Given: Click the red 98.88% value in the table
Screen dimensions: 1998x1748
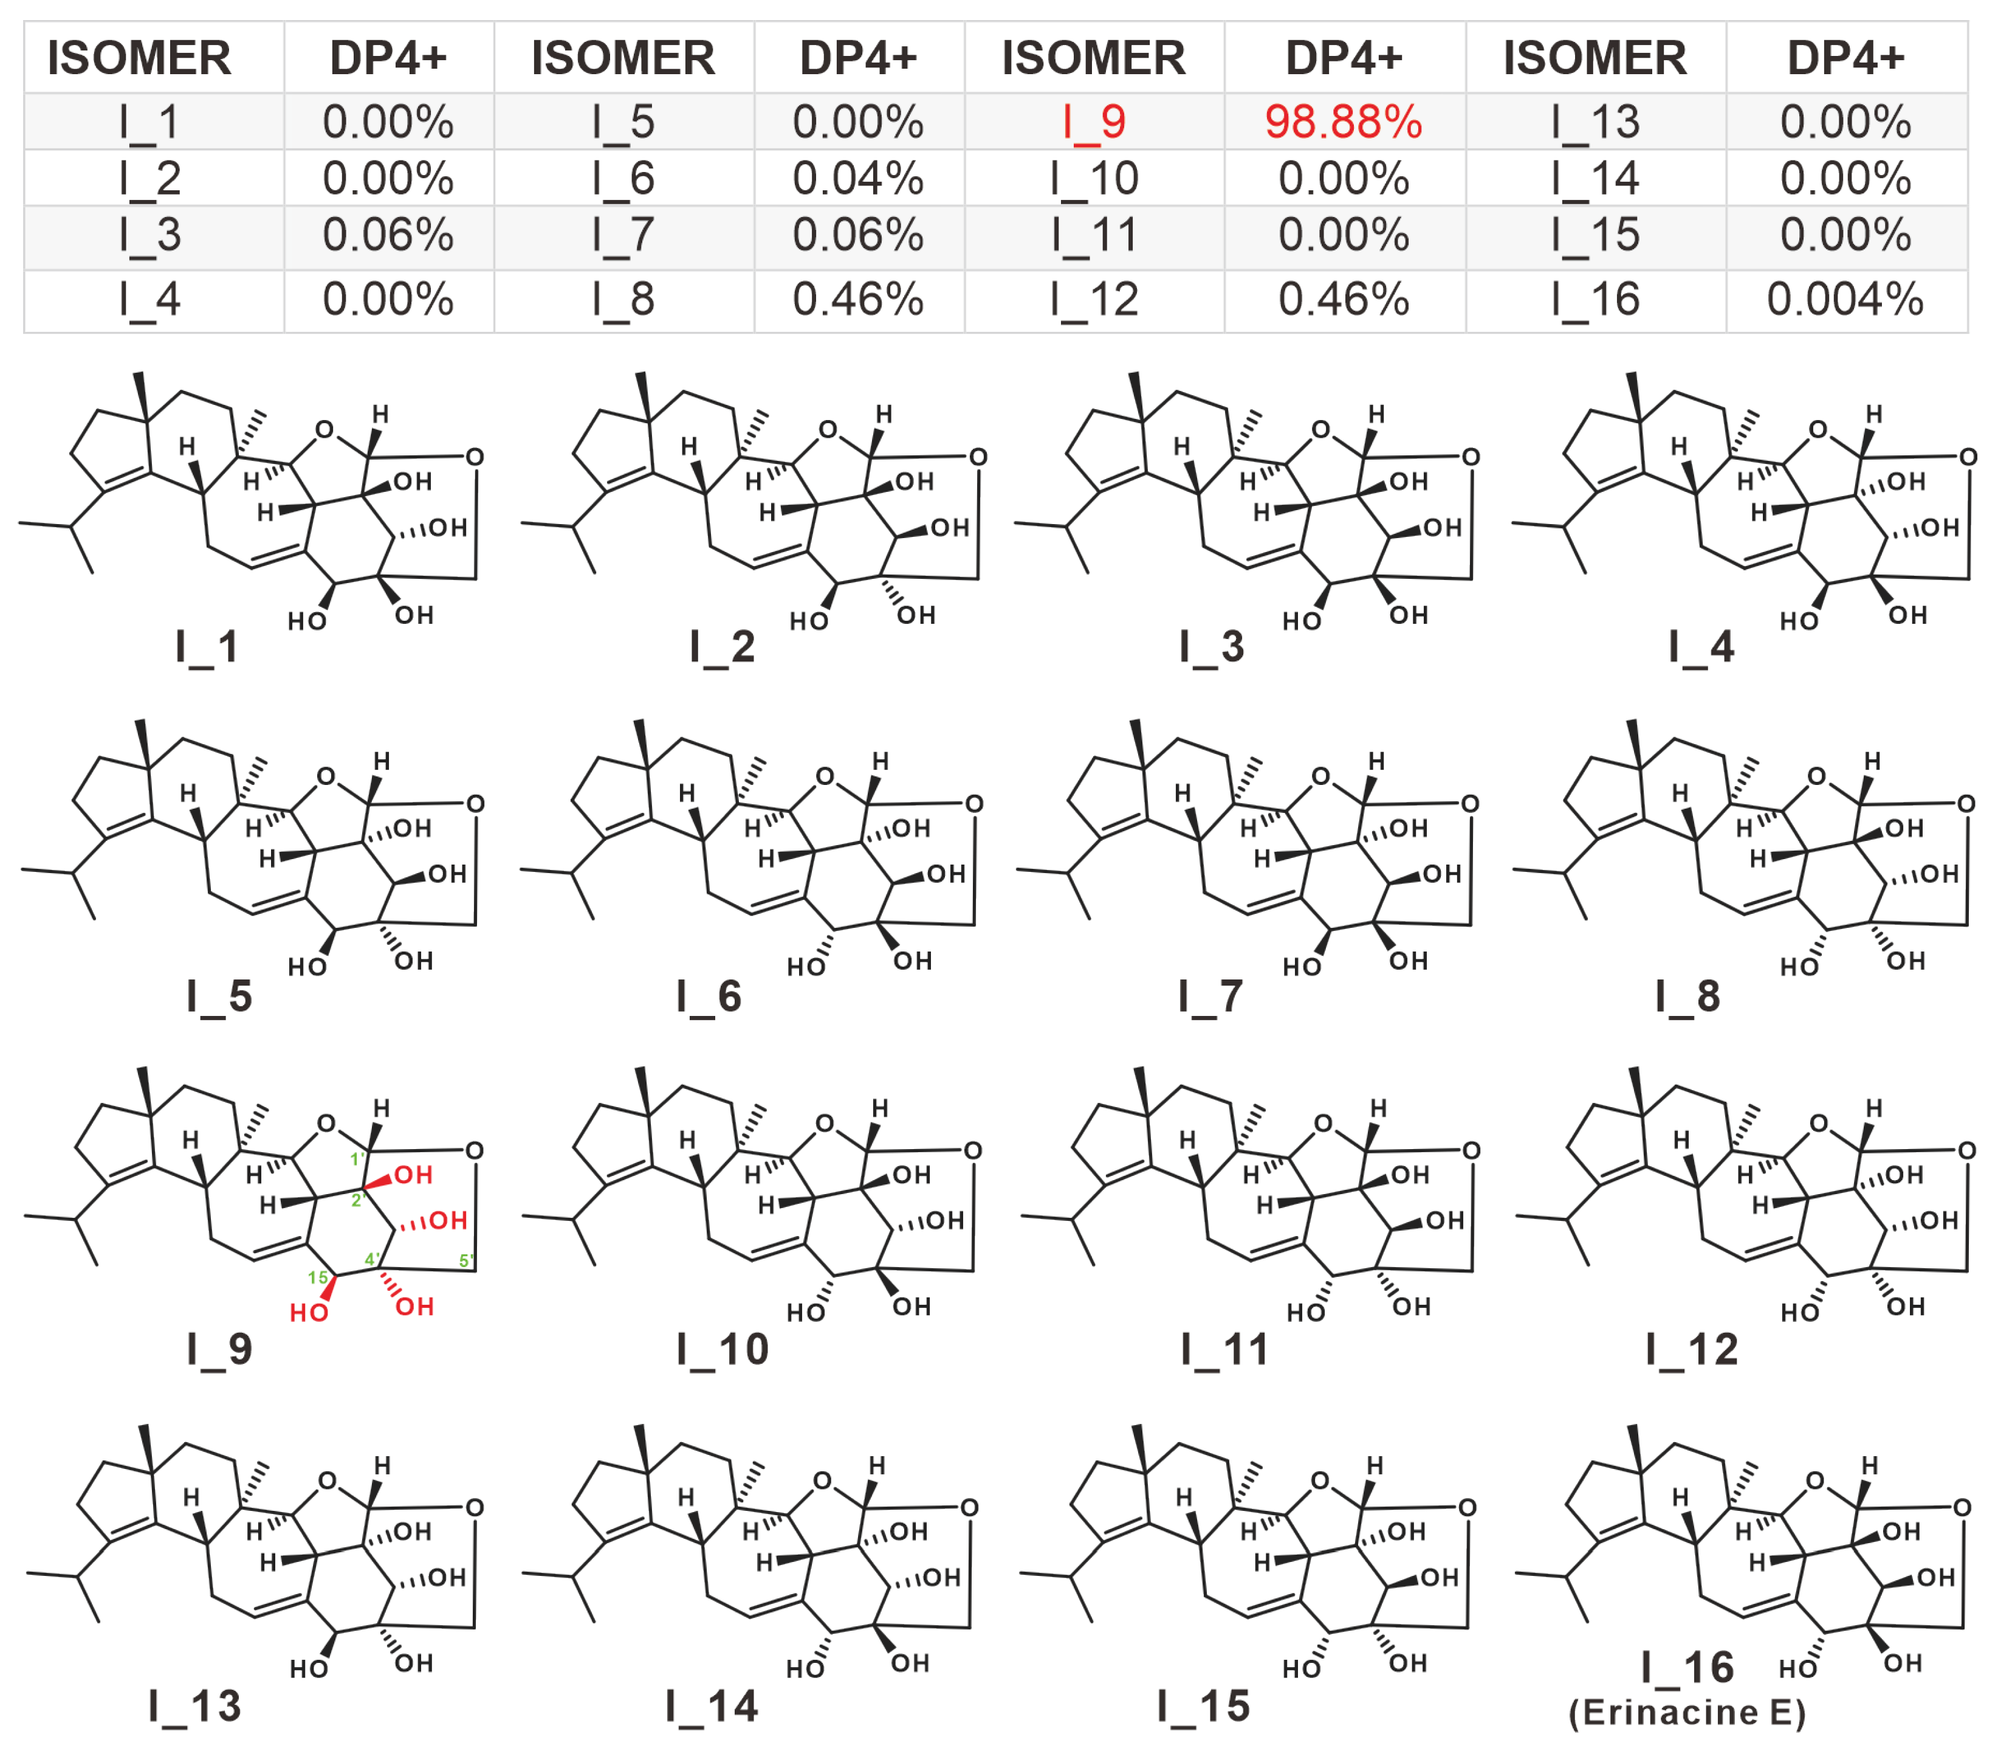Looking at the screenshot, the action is coord(1343,122).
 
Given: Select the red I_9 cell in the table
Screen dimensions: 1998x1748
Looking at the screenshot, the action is coord(1093,122).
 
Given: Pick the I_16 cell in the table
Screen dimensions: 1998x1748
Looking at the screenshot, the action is coord(1595,300).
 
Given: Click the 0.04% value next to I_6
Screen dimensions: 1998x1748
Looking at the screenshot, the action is coord(857,179).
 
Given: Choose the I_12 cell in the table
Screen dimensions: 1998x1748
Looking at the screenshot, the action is coord(1093,300).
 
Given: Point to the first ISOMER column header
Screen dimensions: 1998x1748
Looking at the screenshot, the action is coord(139,58).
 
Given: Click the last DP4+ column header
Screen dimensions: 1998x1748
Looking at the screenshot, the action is coord(1845,58).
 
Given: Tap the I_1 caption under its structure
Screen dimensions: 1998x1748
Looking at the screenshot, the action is coord(207,647).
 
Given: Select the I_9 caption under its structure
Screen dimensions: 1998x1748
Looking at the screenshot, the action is coord(219,1349).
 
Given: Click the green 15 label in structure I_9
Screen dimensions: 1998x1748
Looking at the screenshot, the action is coord(318,1277).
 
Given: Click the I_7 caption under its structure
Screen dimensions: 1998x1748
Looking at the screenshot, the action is coord(1210,996).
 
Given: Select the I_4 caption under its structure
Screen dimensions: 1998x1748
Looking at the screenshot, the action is coord(1701,647).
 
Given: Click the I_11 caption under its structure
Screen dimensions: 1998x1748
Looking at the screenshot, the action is coord(1224,1349).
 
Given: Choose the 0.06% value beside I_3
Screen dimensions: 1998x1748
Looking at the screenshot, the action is coord(388,235).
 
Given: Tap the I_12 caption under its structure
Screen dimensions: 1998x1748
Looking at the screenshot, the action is coord(1692,1349).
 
